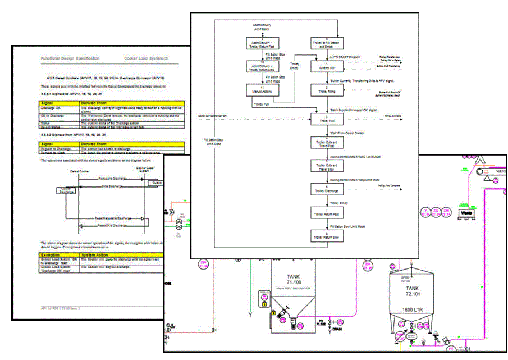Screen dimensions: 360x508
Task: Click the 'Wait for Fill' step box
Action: (x=323, y=66)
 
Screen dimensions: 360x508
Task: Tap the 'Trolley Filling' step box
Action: (x=323, y=90)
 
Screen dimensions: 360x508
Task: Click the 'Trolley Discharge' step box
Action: (x=323, y=190)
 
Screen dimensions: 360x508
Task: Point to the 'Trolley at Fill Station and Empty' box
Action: (x=323, y=43)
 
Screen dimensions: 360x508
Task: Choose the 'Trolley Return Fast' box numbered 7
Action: (x=323, y=213)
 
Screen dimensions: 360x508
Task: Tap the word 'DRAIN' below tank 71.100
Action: (x=336, y=330)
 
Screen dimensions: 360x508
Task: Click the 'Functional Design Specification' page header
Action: (x=70, y=58)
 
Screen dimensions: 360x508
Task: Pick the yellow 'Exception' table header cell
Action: (x=54, y=254)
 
